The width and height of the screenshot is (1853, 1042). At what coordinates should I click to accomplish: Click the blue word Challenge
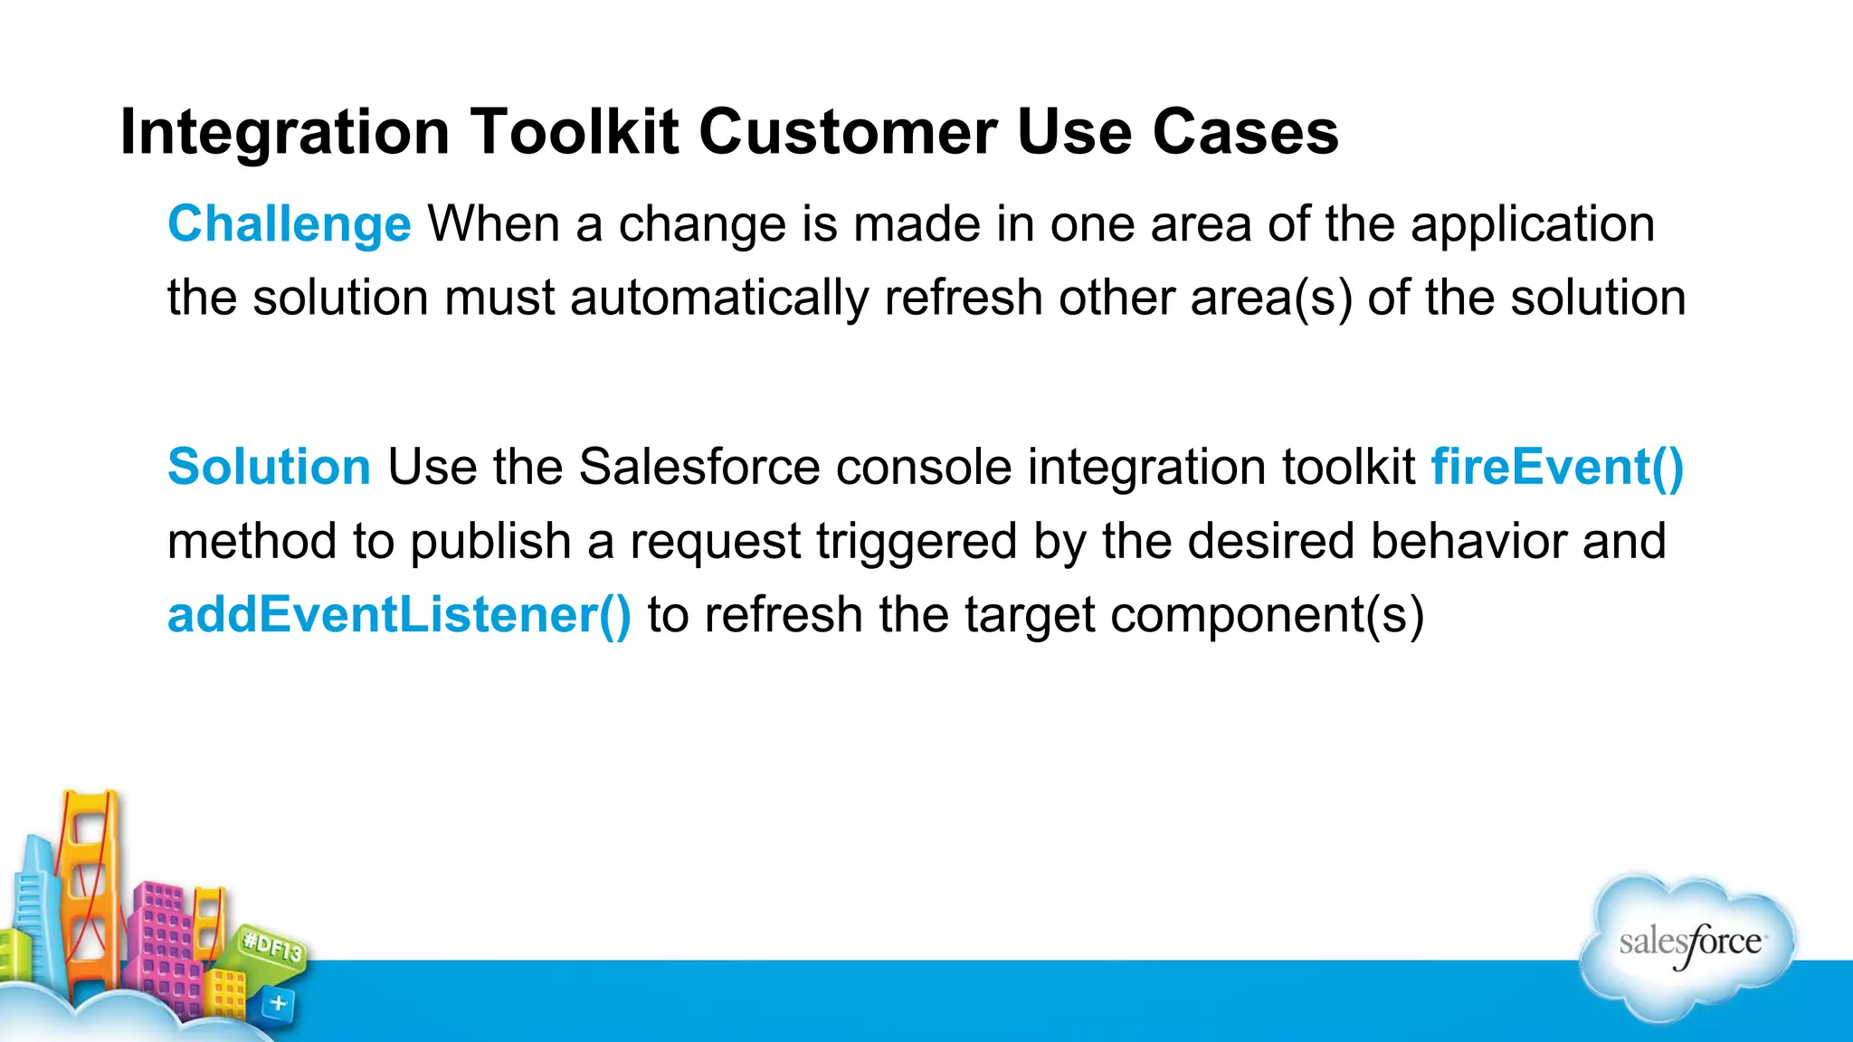point(290,224)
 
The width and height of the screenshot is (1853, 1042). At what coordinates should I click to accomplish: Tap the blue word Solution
point(269,467)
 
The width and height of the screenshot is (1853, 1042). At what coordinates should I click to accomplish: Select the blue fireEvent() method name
point(1556,467)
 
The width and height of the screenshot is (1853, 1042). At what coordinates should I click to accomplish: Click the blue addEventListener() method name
point(399,615)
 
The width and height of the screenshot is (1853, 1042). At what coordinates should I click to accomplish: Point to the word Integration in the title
point(285,133)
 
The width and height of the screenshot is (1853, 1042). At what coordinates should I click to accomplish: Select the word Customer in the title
point(848,133)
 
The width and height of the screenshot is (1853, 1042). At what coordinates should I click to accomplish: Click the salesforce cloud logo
point(1688,945)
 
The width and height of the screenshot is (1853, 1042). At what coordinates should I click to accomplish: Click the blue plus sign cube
point(279,1003)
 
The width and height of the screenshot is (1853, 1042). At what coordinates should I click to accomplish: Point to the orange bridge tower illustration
point(88,886)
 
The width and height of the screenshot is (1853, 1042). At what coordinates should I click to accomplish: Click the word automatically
point(719,298)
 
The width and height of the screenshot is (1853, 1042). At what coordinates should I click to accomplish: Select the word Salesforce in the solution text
point(699,467)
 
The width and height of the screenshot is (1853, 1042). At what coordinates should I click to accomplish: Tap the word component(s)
point(1267,615)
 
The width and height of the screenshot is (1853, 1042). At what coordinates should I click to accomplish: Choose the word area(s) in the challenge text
point(1271,298)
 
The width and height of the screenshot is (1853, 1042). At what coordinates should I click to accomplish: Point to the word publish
point(489,541)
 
